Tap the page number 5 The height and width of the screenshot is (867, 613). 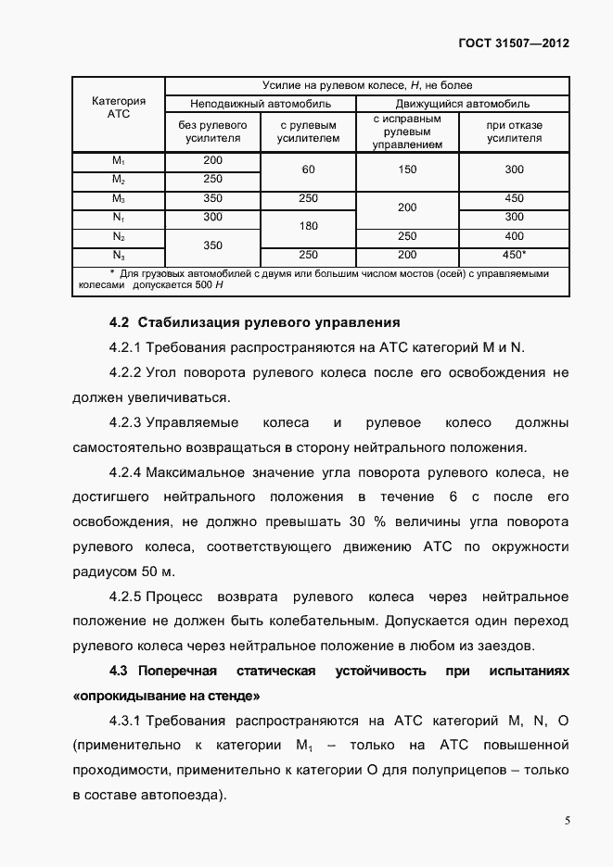tap(567, 820)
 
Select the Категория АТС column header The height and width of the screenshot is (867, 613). tap(119, 107)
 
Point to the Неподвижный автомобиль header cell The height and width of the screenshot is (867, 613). tap(261, 103)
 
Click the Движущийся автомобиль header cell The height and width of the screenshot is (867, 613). tap(463, 103)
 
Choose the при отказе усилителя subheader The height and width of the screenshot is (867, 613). tap(514, 132)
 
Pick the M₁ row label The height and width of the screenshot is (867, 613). tap(119, 161)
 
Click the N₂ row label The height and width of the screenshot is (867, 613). tap(119, 236)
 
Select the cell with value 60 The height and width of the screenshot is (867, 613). tap(309, 170)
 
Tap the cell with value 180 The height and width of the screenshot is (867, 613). tap(309, 226)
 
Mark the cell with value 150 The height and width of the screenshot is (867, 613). tap(407, 170)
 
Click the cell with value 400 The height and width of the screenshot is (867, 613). tap(514, 236)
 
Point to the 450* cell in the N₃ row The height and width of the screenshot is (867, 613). tap(514, 255)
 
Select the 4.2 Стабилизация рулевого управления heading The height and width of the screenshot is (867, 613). tap(254, 323)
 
